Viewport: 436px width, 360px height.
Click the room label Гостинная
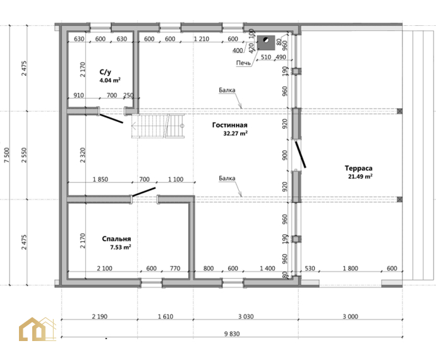(229, 125)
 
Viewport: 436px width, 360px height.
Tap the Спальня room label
(116, 239)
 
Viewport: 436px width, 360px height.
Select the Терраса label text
(358, 168)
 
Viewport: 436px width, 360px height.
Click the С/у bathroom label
(106, 72)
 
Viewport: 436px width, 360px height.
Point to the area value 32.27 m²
(236, 133)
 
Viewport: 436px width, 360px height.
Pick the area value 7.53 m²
(121, 247)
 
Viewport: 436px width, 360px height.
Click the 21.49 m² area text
(360, 176)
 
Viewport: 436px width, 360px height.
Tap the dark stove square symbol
(266, 42)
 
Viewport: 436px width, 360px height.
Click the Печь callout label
(243, 63)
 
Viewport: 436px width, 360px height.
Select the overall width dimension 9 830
(232, 333)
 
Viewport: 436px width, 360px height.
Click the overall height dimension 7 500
(7, 155)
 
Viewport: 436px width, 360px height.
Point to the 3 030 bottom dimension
(246, 316)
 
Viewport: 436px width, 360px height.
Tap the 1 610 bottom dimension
(166, 316)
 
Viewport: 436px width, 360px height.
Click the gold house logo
(37, 329)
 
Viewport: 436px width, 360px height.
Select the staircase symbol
(158, 126)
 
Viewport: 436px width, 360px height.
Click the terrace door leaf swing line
(301, 155)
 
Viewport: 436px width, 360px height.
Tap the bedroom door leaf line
(143, 192)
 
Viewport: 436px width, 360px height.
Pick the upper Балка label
(227, 90)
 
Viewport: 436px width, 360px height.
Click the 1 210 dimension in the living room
(202, 39)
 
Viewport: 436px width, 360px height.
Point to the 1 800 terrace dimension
(350, 268)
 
